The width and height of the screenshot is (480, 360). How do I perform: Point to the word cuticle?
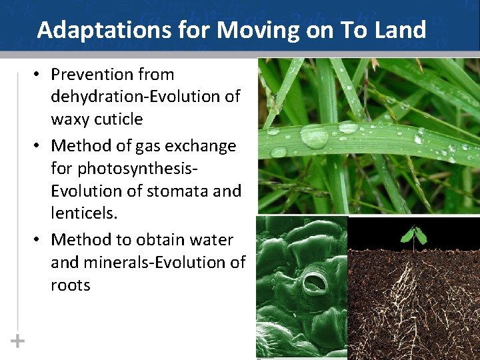(118, 119)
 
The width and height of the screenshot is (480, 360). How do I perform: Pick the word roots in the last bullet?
(70, 285)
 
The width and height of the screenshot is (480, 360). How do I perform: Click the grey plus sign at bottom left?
(17, 341)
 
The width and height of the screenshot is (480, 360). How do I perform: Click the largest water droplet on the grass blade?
(314, 136)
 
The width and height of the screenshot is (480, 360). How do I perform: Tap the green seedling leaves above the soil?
(413, 235)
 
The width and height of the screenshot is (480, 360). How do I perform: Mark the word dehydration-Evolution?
(145, 97)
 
